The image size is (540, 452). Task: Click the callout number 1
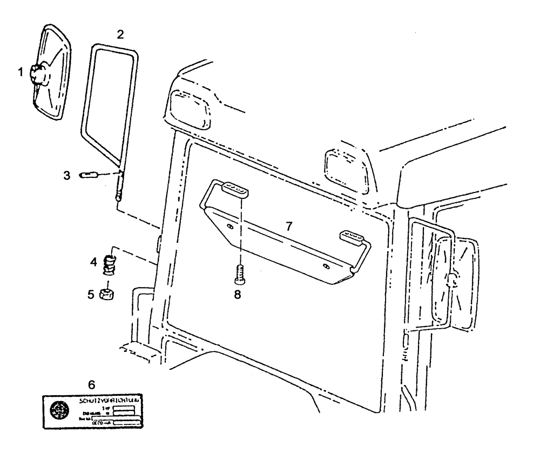21,72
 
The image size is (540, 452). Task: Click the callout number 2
120,34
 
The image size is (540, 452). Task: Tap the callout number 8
237,295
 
